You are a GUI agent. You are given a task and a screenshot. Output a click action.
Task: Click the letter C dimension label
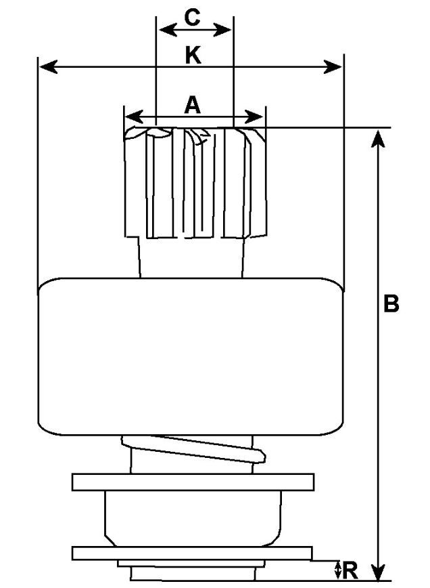point(193,18)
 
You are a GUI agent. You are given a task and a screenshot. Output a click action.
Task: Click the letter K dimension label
point(193,56)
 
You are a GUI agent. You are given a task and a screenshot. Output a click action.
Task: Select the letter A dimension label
point(193,105)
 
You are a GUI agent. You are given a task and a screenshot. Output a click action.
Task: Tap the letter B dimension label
point(391,303)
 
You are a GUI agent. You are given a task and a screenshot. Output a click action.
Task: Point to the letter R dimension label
point(350,571)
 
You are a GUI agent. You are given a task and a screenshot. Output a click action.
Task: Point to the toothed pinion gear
point(193,183)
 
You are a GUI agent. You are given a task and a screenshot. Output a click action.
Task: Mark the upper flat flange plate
point(193,483)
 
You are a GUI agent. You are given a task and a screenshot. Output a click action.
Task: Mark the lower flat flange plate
point(192,553)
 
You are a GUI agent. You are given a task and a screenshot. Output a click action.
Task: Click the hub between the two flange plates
point(193,518)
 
